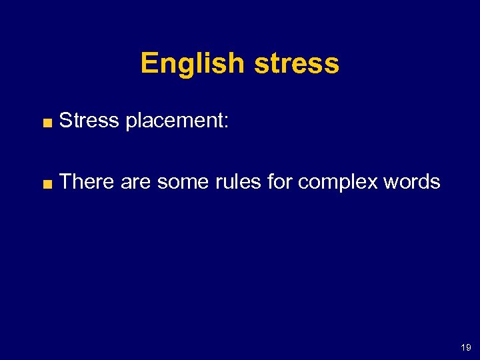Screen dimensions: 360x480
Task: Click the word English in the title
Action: pyautogui.click(x=193, y=64)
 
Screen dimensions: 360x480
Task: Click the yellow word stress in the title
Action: pyautogui.click(x=297, y=64)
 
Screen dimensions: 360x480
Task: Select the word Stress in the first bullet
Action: pyautogui.click(x=89, y=121)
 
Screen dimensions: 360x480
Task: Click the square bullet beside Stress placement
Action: pyautogui.click(x=47, y=122)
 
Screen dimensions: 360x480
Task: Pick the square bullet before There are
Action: pyautogui.click(x=47, y=183)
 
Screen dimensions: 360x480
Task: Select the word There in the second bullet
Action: pyautogui.click(x=87, y=181)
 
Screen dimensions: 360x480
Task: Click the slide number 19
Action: pyautogui.click(x=466, y=347)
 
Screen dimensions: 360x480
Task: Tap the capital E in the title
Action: pyautogui.click(x=148, y=64)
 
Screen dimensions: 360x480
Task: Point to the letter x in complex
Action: pyautogui.click(x=372, y=183)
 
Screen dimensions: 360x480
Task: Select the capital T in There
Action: pyautogui.click(x=65, y=181)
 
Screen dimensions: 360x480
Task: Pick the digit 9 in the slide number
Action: pyautogui.click(x=468, y=347)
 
